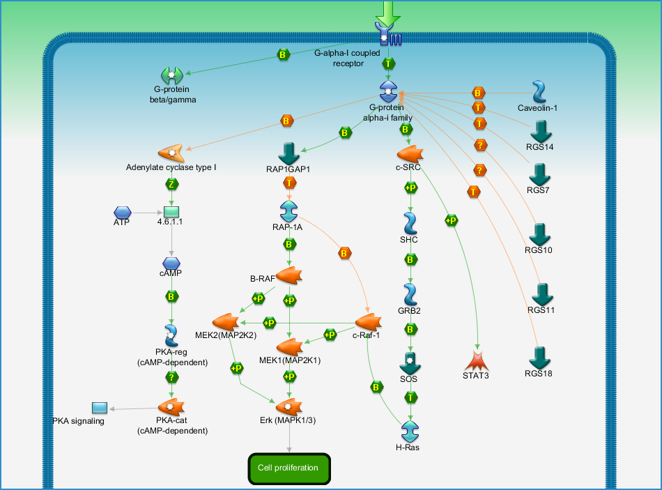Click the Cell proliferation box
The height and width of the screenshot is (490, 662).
[x=289, y=468]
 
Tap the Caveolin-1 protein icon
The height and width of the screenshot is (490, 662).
[x=539, y=92]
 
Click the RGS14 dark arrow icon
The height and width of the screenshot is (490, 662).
[x=541, y=132]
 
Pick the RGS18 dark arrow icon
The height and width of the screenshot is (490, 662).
[x=540, y=358]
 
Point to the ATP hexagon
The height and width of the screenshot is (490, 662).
[x=123, y=213]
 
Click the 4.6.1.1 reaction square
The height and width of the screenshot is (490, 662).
[x=171, y=212]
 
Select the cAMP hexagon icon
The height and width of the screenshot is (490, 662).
[x=171, y=263]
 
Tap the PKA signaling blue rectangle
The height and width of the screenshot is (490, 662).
[x=100, y=408]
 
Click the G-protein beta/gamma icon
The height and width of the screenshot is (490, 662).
[x=172, y=75]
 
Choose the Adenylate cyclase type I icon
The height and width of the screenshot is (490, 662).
[x=171, y=153]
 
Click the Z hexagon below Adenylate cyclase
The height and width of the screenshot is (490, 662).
[x=171, y=184]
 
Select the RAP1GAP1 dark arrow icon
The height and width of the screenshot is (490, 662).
[x=289, y=154]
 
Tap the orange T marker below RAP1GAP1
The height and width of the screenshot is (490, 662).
[x=289, y=183]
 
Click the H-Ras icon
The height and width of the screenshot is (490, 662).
[x=410, y=431]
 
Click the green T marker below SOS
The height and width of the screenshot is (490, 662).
[x=410, y=397]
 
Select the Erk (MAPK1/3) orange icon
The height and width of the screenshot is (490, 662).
[x=289, y=407]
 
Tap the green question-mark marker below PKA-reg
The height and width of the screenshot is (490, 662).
[x=171, y=377]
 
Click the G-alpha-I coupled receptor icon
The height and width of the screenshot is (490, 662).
[x=388, y=34]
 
